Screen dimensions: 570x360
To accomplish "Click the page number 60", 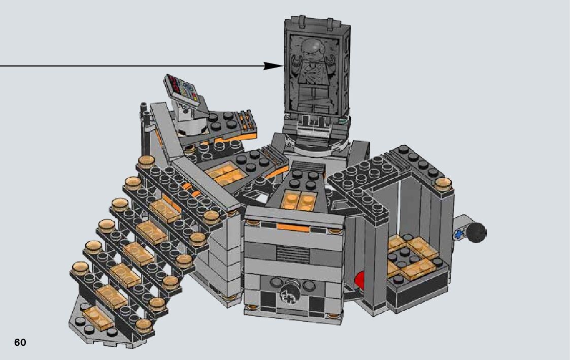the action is [20, 343].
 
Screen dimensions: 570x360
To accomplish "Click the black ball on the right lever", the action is [476, 232].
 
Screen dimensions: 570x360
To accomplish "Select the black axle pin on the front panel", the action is [285, 294].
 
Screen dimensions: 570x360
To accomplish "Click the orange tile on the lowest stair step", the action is [98, 316].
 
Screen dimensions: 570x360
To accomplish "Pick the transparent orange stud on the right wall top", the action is [443, 184].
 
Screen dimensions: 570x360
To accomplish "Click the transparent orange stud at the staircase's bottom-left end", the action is [80, 268].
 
